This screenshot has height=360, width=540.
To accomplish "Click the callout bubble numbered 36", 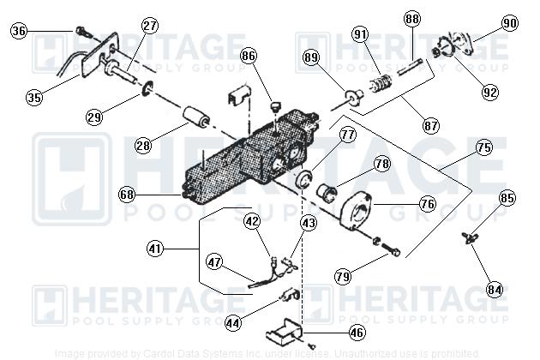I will point(20,32).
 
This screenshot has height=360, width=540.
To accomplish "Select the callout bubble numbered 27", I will point(150,26).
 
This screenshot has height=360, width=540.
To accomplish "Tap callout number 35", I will point(33,97).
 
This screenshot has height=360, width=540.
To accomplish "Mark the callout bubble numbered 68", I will point(128,195).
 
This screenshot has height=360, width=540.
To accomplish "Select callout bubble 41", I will point(155,249).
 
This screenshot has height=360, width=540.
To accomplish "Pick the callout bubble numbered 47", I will point(213,264).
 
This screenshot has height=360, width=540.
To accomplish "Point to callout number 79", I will point(343,277).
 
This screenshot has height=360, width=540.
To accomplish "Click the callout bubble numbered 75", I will point(483,147).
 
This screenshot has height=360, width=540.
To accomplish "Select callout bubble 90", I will point(510,23).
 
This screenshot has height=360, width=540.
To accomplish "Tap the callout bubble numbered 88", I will point(413,20).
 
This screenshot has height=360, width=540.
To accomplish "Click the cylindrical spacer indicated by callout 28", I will point(195,118).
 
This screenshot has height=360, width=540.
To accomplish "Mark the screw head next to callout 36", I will point(79,31).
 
